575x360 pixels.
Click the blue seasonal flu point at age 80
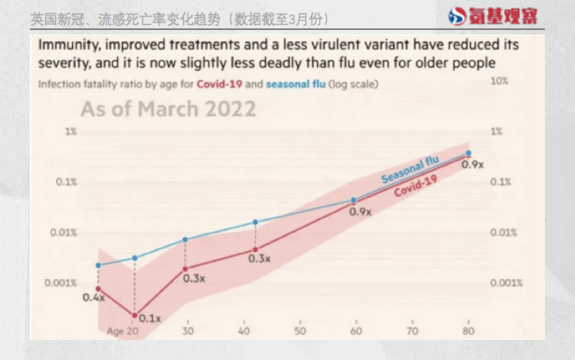pos(469,153)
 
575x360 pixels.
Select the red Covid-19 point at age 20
pos(134,315)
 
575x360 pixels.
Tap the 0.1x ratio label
pos(150,319)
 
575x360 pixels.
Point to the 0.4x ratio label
pos(94,297)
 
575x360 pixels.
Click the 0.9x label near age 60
pos(360,212)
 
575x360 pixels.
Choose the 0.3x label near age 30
pos(194,278)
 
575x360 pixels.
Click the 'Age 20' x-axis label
pos(123,331)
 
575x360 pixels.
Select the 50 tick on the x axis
pos(299,331)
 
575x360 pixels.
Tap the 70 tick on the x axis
pos(413,331)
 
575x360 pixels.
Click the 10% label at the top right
pos(499,81)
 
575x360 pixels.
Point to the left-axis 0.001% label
pos(61,283)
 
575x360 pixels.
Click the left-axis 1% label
pos(71,131)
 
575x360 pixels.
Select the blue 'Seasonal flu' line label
pos(410,169)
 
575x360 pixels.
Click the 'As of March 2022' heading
pos(168,108)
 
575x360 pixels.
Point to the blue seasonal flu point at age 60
pos(354,200)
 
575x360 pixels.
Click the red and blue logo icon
pos(458,16)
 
